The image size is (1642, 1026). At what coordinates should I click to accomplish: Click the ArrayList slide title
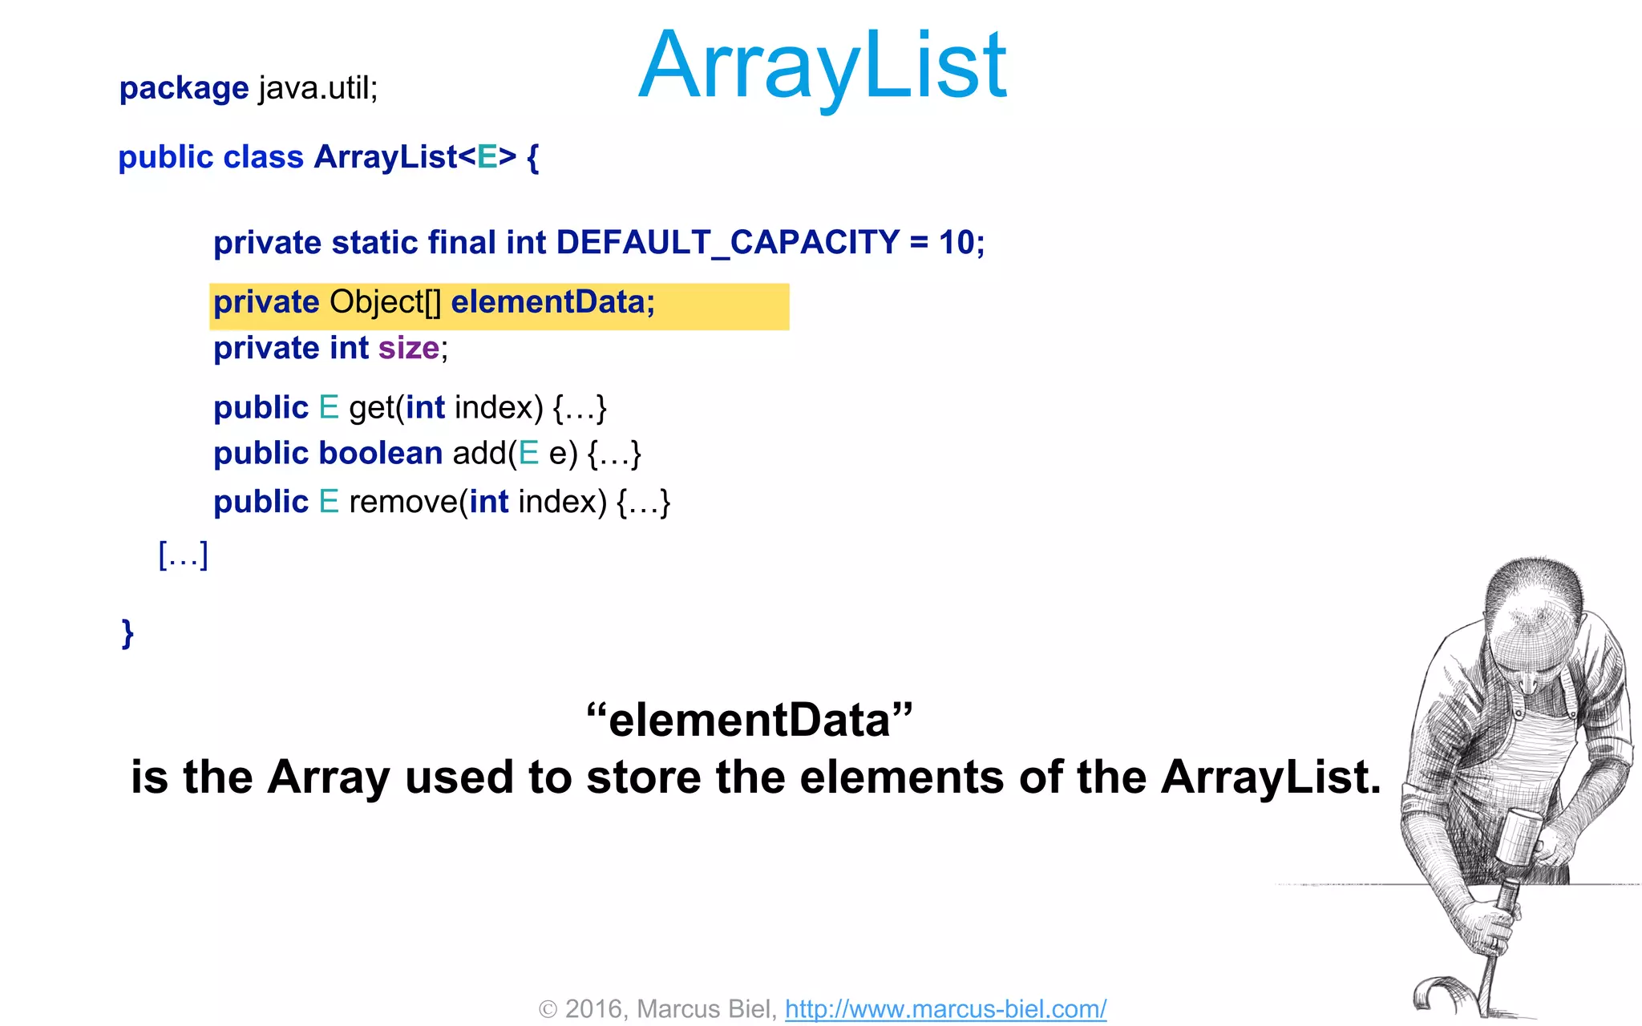tap(823, 66)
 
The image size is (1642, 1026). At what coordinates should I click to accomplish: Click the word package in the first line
tap(184, 88)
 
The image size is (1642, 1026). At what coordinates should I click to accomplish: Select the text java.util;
tap(317, 87)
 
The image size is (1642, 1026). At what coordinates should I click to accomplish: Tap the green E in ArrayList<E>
tap(487, 157)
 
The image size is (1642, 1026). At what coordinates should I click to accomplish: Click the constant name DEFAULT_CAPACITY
tap(727, 242)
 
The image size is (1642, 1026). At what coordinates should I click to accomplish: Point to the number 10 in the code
tap(956, 242)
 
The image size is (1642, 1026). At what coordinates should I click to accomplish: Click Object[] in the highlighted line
tap(385, 302)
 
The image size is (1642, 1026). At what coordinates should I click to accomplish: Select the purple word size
tap(409, 348)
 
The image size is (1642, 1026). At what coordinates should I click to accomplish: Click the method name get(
tap(375, 408)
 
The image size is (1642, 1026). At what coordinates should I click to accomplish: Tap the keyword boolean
tap(381, 454)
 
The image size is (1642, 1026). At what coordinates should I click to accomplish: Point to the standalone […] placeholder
tap(184, 555)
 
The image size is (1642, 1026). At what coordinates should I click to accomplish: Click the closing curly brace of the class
tap(127, 633)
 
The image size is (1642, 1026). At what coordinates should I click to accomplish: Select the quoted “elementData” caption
tap(749, 720)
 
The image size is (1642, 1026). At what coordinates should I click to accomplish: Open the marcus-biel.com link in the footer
tap(945, 1008)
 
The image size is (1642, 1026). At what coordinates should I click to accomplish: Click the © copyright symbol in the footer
tap(548, 1009)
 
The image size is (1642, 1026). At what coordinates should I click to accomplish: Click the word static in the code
tap(374, 242)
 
